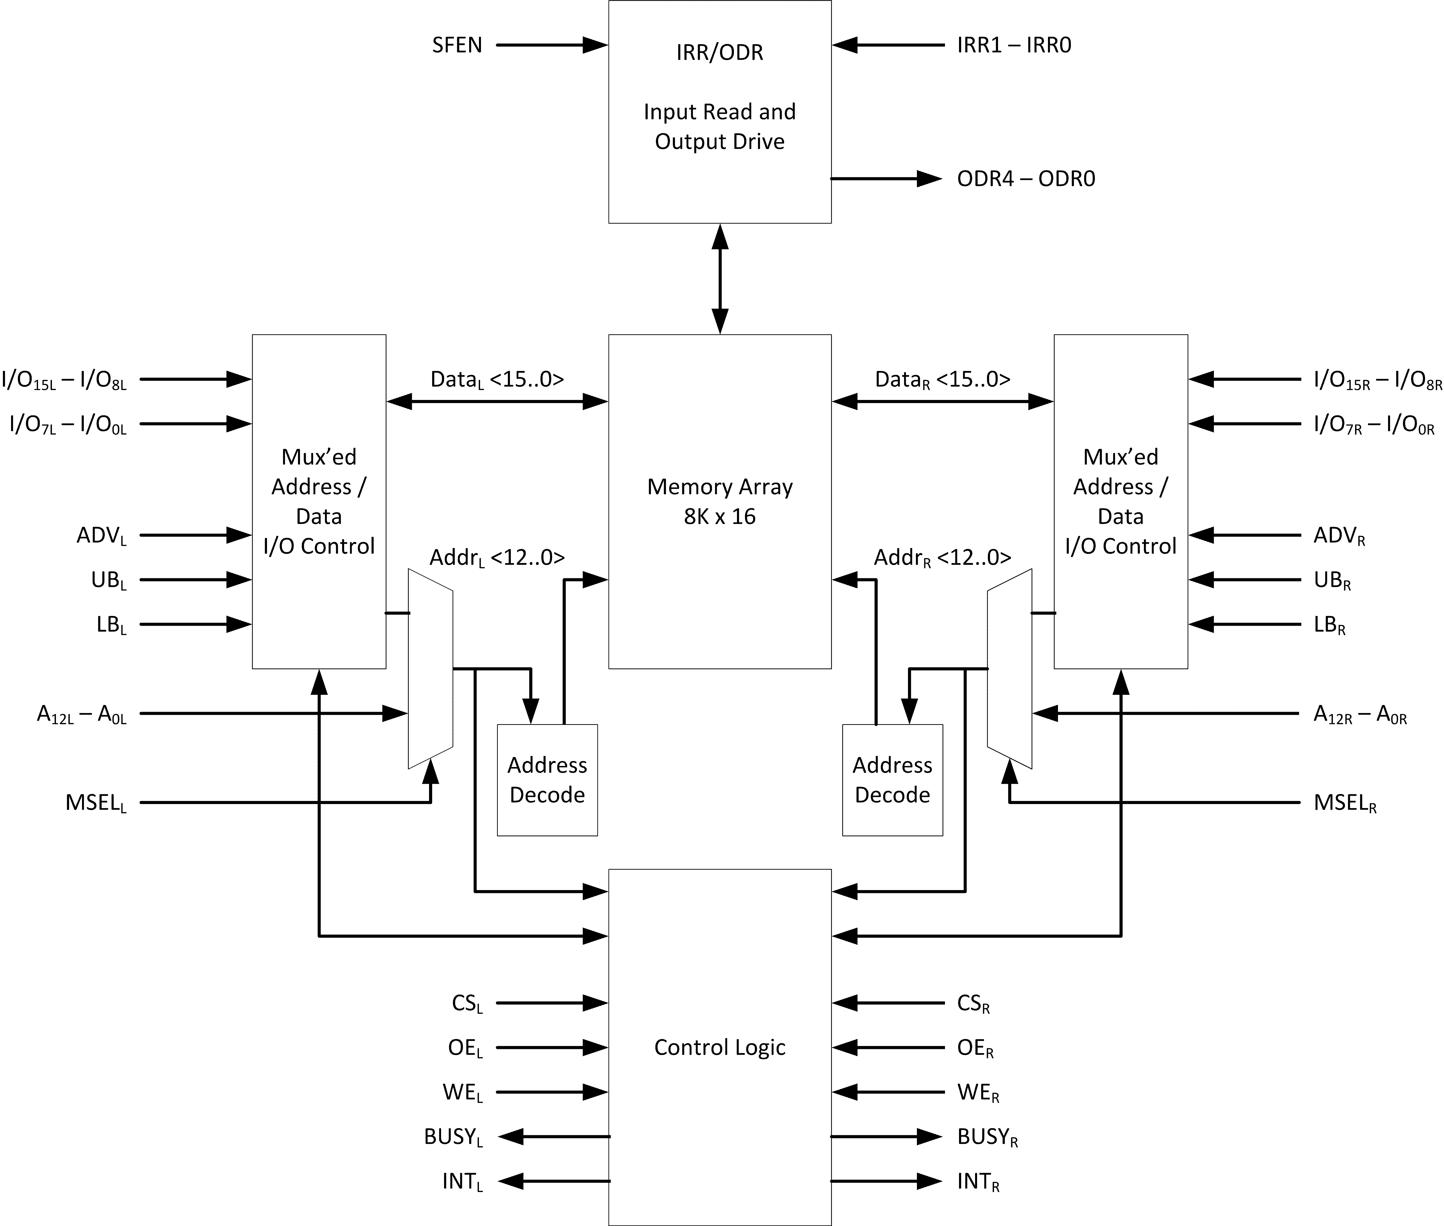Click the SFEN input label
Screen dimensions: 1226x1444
[x=456, y=45]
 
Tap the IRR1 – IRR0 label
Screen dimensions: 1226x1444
[x=1014, y=45]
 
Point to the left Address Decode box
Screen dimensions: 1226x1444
[x=547, y=780]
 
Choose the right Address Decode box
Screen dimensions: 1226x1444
[x=892, y=780]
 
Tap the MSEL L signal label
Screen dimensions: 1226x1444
[x=96, y=803]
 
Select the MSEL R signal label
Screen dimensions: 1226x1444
[x=1345, y=803]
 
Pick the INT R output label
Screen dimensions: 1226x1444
[x=978, y=1181]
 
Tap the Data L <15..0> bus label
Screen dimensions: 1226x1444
[x=497, y=379]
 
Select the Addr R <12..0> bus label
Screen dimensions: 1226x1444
[x=942, y=557]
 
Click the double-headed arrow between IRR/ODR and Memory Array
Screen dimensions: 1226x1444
[x=720, y=279]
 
